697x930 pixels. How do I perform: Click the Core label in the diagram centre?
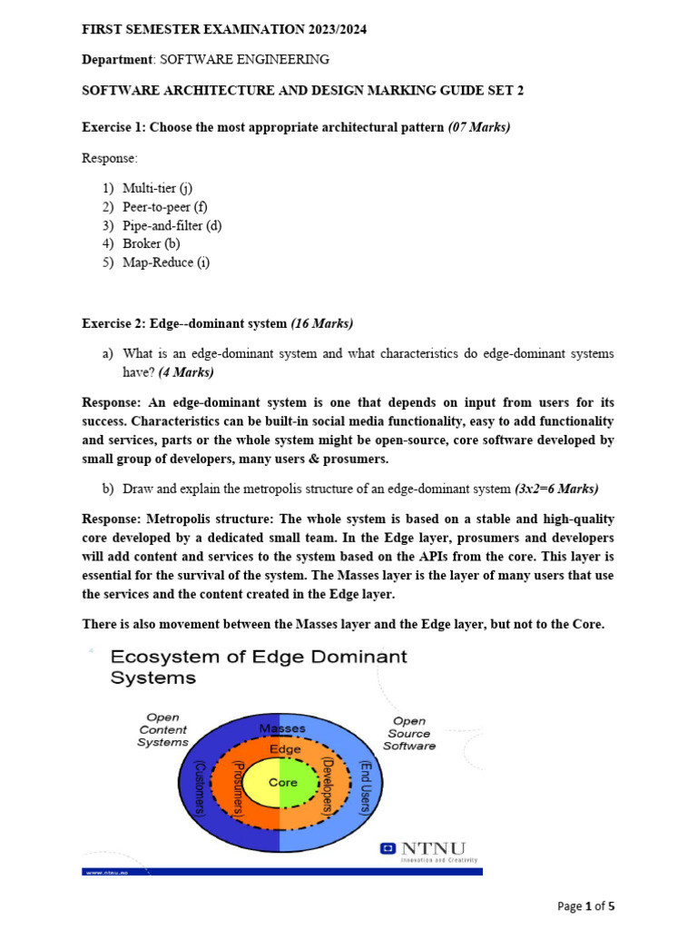click(283, 782)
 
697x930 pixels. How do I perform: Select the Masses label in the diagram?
click(282, 728)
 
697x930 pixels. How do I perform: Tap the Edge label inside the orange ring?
click(284, 750)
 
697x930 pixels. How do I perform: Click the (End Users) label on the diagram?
click(365, 787)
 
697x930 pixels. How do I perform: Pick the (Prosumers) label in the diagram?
click(238, 786)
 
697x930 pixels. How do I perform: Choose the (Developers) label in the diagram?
click(329, 786)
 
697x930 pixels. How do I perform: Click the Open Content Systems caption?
click(162, 729)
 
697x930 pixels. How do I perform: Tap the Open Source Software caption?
click(408, 733)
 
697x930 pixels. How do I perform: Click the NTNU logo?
click(427, 851)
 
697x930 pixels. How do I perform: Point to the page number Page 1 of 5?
click(586, 905)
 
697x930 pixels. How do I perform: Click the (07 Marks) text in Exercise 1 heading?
click(479, 127)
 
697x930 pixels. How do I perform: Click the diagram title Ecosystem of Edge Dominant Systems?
click(258, 667)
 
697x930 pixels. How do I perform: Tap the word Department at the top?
click(117, 60)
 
